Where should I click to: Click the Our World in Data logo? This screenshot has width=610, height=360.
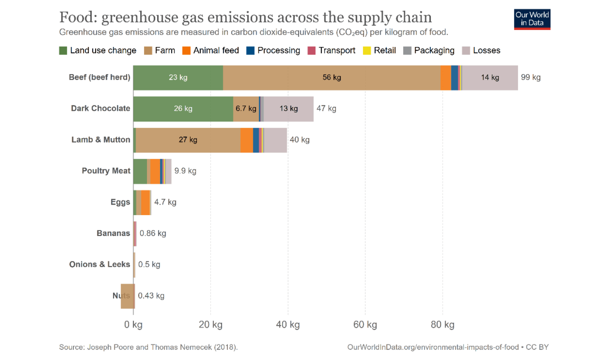[532, 19]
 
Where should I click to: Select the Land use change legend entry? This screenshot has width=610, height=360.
[98, 50]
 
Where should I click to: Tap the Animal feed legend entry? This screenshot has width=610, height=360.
[211, 50]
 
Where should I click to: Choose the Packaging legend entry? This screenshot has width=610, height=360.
[429, 50]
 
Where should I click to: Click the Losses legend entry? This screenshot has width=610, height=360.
[481, 50]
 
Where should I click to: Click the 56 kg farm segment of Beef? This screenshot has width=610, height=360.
[331, 78]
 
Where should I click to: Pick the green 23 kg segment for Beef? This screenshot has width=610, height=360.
[178, 78]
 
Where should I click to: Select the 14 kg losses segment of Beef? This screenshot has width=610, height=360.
[490, 78]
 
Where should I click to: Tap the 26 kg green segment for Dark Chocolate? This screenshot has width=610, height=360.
[183, 109]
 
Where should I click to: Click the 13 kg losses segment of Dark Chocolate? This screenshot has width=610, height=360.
[288, 109]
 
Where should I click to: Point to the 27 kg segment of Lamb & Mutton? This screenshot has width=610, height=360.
[188, 140]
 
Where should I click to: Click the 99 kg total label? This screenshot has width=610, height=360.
[530, 78]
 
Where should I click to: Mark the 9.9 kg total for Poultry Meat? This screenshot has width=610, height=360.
[185, 171]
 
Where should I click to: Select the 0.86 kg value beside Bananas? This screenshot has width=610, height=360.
[152, 233]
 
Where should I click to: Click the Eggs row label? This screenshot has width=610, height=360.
[120, 202]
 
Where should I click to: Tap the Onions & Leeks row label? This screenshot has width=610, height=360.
[100, 264]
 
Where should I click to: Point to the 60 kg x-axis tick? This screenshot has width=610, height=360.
[365, 325]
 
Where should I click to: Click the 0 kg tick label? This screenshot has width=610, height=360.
[133, 325]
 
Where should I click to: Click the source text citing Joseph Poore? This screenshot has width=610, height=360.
[148, 347]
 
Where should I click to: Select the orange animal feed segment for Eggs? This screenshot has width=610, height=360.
[145, 202]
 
